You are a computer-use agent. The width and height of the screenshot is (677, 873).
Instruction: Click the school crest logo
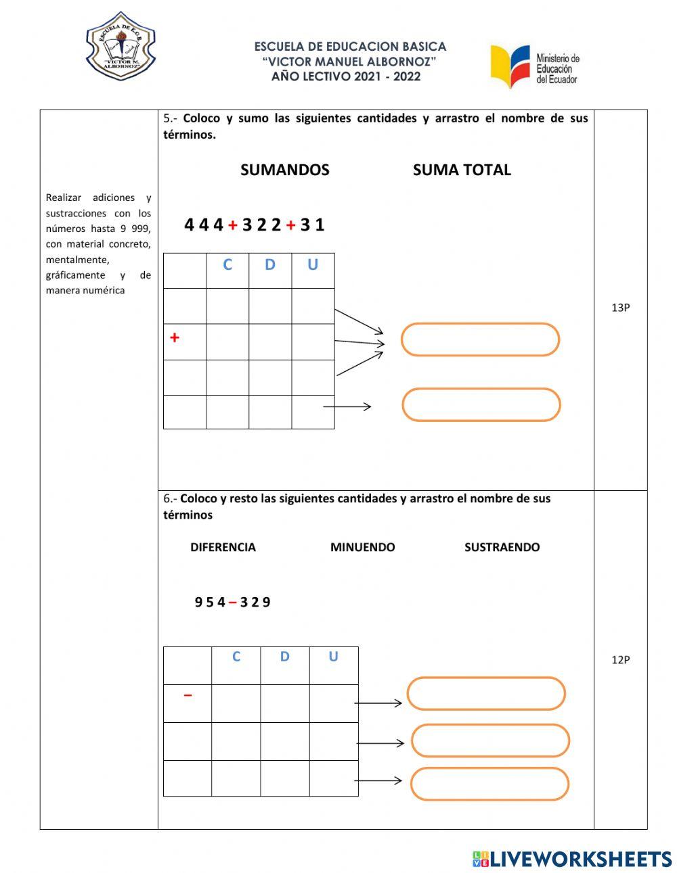pos(121,46)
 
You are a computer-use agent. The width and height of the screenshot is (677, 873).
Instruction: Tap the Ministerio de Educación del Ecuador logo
pos(535,66)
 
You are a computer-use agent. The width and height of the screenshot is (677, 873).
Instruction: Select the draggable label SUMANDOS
pos(284,170)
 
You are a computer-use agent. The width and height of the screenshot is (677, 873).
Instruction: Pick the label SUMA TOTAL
pos(462,170)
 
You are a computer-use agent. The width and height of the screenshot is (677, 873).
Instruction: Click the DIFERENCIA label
pos(223,547)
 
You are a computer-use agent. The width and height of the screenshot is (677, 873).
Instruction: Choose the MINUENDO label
pos(362,547)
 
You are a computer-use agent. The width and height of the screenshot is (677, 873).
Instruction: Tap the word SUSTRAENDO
pos(502,547)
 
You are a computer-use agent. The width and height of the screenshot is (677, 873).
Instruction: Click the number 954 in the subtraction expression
pos(210,602)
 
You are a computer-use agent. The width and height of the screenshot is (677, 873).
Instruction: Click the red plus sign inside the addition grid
pos(175,337)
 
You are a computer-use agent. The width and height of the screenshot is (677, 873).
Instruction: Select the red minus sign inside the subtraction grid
pos(188,694)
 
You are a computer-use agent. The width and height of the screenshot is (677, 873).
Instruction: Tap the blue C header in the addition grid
pos(227,264)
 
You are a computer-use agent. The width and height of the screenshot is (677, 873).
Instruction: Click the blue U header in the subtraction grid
pos(333,657)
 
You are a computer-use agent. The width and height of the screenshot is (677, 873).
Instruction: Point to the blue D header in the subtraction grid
pos(284,657)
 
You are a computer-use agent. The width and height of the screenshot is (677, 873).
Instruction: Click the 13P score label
pos(620,308)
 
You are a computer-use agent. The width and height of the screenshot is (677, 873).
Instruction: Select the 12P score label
pos(620,660)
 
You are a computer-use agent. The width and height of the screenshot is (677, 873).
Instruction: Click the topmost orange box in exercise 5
pos(480,339)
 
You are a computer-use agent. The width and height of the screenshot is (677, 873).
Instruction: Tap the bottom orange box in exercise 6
pos(489,784)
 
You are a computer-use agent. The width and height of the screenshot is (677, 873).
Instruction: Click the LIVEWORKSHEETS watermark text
pos(581,859)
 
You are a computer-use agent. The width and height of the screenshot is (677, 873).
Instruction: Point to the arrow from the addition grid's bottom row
pos(347,406)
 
